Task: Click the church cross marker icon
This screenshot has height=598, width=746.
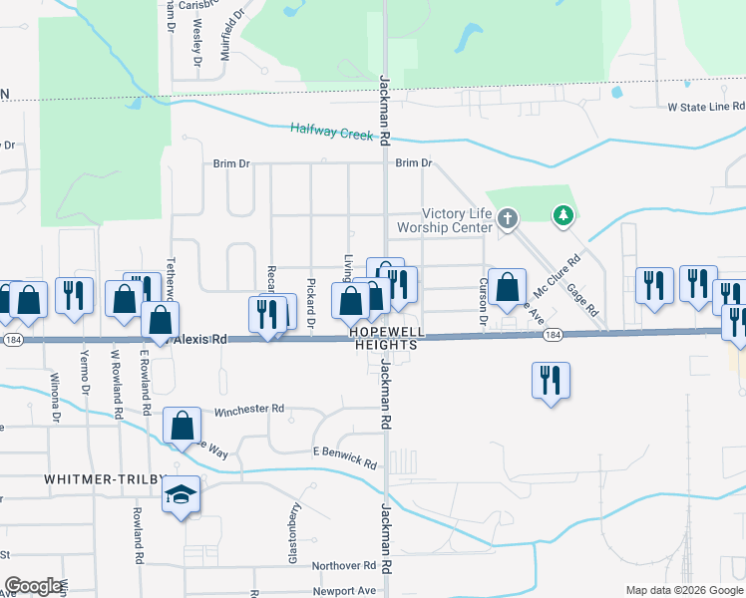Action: pyautogui.click(x=508, y=217)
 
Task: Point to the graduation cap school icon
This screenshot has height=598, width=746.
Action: pyautogui.click(x=181, y=493)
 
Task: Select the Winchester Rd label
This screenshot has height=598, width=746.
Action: pyautogui.click(x=248, y=409)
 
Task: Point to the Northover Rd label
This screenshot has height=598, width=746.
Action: pyautogui.click(x=343, y=565)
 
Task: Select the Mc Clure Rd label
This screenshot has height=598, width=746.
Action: pyautogui.click(x=558, y=277)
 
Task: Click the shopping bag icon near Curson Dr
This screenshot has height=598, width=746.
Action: pyautogui.click(x=507, y=286)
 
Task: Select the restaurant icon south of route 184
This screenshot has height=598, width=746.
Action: pyautogui.click(x=551, y=380)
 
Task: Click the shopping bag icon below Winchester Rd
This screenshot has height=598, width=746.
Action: pyautogui.click(x=183, y=426)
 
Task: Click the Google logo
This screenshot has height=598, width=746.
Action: pyautogui.click(x=33, y=585)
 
